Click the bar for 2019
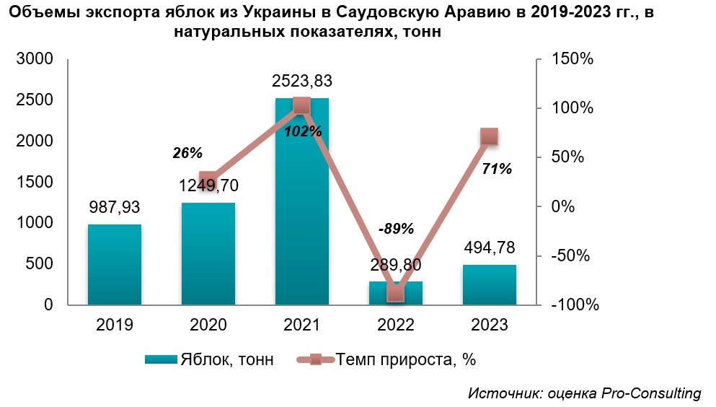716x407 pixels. pyautogui.click(x=115, y=264)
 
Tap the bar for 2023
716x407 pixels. pyautogui.click(x=490, y=285)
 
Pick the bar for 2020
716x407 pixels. pyautogui.click(x=208, y=253)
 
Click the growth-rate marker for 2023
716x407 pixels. pyautogui.click(x=490, y=136)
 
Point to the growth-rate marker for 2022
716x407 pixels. pyautogui.click(x=396, y=293)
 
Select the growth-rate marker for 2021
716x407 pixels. pyautogui.click(x=302, y=106)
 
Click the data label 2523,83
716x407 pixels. pyautogui.click(x=302, y=81)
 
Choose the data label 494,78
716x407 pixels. pyautogui.click(x=490, y=249)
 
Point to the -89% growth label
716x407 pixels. pyautogui.click(x=396, y=229)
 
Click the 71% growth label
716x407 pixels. pyautogui.click(x=497, y=170)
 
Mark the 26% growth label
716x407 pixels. pyautogui.click(x=187, y=153)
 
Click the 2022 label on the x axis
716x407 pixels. pyautogui.click(x=396, y=325)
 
